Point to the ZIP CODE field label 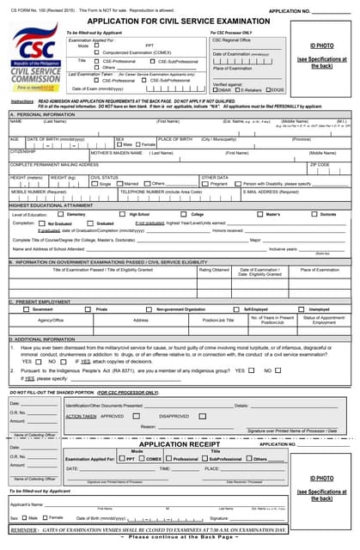coord(320,163)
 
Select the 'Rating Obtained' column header coord(214,270)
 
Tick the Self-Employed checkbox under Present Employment coord(237,309)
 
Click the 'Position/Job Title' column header coord(219,319)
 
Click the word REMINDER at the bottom coord(23,530)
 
